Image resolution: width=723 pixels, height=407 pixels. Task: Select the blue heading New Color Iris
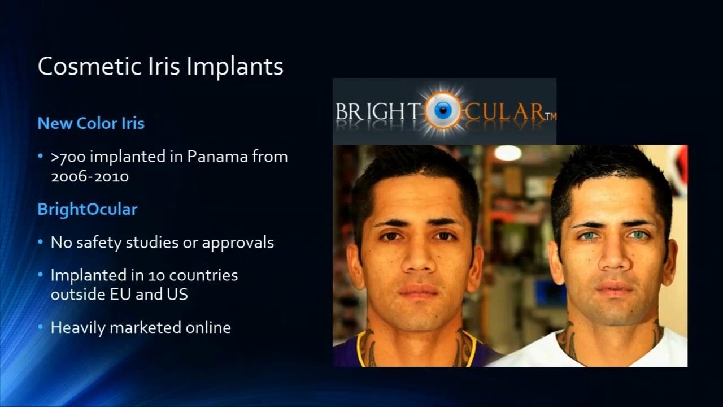tap(91, 123)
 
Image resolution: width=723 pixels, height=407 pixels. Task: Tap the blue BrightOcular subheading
tap(88, 209)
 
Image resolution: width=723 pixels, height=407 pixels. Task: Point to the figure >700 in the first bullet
tap(69, 157)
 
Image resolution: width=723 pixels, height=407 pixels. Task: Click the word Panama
tap(218, 157)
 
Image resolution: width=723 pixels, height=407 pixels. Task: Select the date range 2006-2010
tap(90, 176)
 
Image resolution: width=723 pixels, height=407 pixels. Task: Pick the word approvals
tap(238, 243)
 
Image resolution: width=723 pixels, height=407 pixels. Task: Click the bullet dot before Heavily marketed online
tap(41, 327)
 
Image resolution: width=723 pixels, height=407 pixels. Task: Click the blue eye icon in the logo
tap(443, 110)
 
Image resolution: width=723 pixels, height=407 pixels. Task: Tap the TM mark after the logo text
tap(550, 117)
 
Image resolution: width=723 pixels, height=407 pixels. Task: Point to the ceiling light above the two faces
tap(508, 153)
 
